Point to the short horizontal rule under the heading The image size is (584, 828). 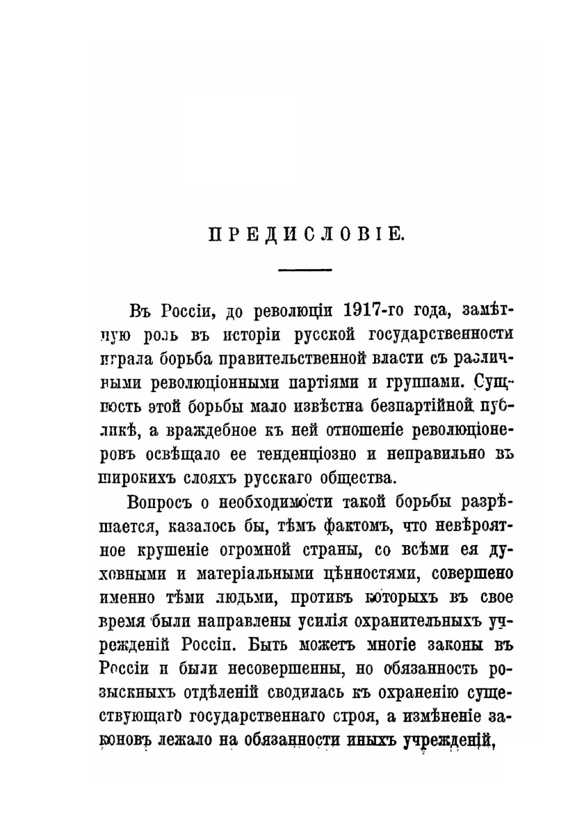pyautogui.click(x=305, y=268)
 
